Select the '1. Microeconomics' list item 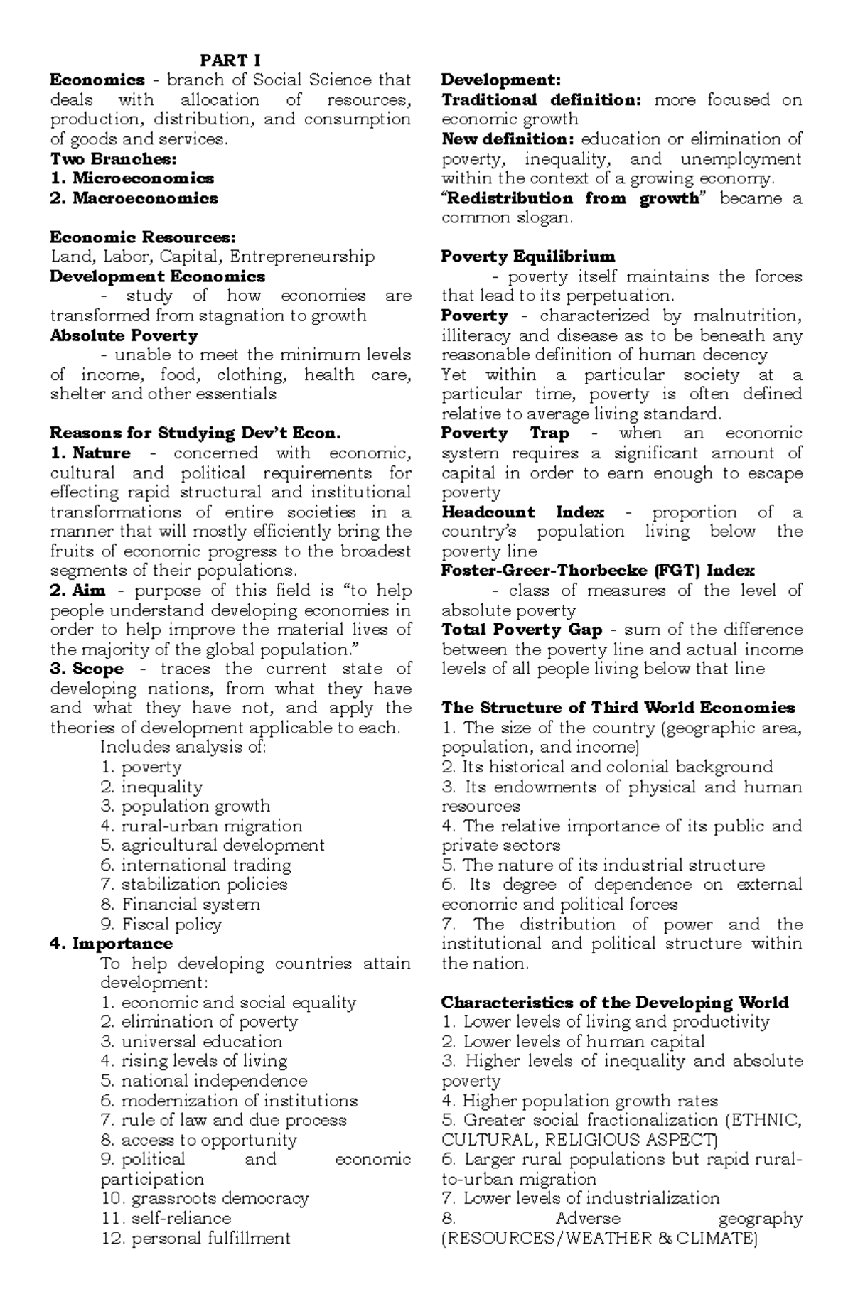pyautogui.click(x=132, y=178)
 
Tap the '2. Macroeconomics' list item pyautogui.click(x=134, y=198)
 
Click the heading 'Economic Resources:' pyautogui.click(x=143, y=237)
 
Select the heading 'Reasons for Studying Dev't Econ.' pyautogui.click(x=196, y=433)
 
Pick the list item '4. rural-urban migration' pyautogui.click(x=202, y=826)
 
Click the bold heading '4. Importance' pyautogui.click(x=112, y=944)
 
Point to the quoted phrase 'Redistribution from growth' pyautogui.click(x=572, y=198)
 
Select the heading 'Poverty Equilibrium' pyautogui.click(x=528, y=257)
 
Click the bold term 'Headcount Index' pyautogui.click(x=522, y=512)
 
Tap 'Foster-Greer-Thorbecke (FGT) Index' pyautogui.click(x=598, y=571)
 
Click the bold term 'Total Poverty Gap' pyautogui.click(x=522, y=630)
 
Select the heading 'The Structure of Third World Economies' pyautogui.click(x=618, y=708)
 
